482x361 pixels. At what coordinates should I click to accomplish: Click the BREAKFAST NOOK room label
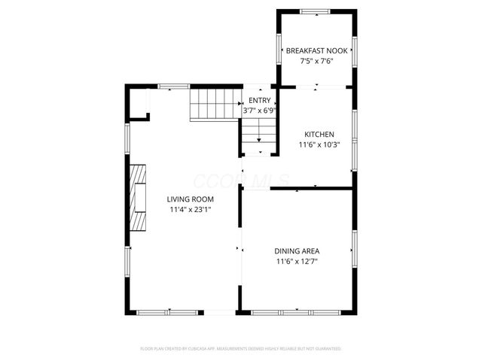click(x=316, y=51)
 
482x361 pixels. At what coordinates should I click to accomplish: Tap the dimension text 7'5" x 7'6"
click(x=316, y=61)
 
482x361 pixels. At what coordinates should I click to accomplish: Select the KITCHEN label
click(x=319, y=135)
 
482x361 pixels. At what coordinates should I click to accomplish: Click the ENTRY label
click(x=259, y=101)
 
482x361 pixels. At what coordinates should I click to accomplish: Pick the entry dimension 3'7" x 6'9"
click(x=259, y=111)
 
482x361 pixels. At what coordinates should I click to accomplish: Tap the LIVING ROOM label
click(x=190, y=199)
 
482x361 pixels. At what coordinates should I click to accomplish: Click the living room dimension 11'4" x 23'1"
click(x=190, y=210)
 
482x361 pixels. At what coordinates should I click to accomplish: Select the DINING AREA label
click(x=297, y=251)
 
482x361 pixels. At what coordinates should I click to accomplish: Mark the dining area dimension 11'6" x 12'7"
click(x=297, y=262)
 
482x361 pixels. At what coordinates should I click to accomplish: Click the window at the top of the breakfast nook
click(x=314, y=11)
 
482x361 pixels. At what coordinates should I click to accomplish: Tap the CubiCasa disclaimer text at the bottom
click(x=241, y=349)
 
